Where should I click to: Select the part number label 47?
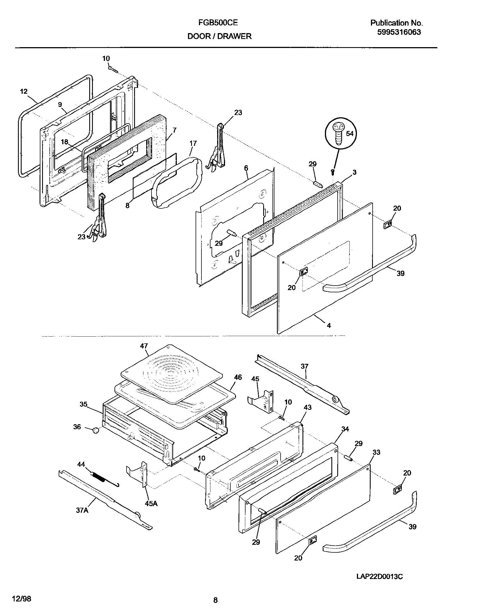click(x=144, y=346)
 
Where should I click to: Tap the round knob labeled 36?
click(x=96, y=430)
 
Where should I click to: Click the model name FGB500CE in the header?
click(x=218, y=23)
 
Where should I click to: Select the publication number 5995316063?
click(x=399, y=32)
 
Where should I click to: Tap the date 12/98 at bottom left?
click(x=22, y=598)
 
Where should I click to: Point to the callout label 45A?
click(x=151, y=504)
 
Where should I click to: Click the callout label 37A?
click(x=82, y=510)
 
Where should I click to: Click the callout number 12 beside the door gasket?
click(x=24, y=91)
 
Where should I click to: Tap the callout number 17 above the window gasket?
click(x=193, y=143)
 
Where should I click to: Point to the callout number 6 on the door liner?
click(x=246, y=168)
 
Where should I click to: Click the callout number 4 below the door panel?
click(x=329, y=325)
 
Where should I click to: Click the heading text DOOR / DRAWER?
click(x=219, y=36)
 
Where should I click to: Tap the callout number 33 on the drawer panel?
click(x=376, y=452)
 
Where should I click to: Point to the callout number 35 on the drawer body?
click(x=83, y=404)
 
